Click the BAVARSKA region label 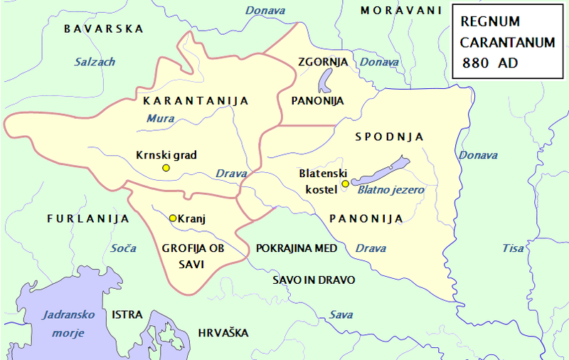[x=103, y=29]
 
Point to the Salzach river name [x=95, y=62]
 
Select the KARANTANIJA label [x=196, y=100]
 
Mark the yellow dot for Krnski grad [x=166, y=168]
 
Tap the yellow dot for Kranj [x=172, y=218]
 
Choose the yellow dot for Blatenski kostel [x=345, y=184]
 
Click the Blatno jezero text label [x=390, y=190]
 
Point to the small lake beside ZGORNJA [x=324, y=81]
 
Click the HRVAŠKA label [x=223, y=332]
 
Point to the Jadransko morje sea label [x=63, y=324]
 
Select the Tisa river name [x=513, y=248]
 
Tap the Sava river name [x=341, y=314]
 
